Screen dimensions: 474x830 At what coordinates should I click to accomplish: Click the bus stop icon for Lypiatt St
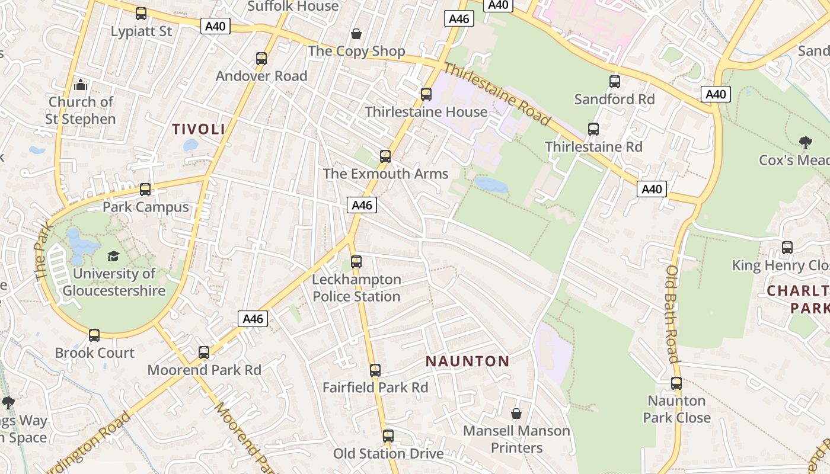coord(141,14)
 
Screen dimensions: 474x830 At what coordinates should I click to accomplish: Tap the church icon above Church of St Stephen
coord(81,85)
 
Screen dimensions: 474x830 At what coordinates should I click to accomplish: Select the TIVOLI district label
coord(199,129)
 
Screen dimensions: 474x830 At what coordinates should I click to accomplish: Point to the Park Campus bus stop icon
coord(145,190)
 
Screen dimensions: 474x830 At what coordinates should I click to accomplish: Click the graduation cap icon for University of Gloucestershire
coord(113,256)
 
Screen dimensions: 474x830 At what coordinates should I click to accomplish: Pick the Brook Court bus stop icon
coord(94,335)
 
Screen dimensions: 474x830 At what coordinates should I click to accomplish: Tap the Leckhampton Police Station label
coord(357,288)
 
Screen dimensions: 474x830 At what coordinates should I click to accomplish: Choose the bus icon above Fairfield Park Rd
coord(375,370)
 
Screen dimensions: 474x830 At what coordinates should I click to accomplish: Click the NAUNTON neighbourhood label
coord(468,361)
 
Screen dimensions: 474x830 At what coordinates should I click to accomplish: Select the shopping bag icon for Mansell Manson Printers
coord(516,414)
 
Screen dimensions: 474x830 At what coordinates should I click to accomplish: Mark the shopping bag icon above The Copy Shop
coord(356,33)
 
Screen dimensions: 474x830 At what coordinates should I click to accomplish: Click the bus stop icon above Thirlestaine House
coord(426,94)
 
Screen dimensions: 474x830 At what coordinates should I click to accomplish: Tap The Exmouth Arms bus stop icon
coord(385,156)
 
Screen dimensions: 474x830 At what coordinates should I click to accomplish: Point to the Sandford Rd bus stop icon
coord(615,82)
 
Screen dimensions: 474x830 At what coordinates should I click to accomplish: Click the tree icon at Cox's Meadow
coord(805,143)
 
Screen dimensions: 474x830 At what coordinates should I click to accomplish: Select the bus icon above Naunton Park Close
coord(676,383)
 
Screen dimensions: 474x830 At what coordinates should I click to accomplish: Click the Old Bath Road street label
coord(672,313)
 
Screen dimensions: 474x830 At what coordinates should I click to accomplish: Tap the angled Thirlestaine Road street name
coord(497,95)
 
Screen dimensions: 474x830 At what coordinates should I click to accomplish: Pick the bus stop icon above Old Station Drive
coord(388,436)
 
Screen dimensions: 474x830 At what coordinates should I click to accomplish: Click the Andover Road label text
coord(261,76)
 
